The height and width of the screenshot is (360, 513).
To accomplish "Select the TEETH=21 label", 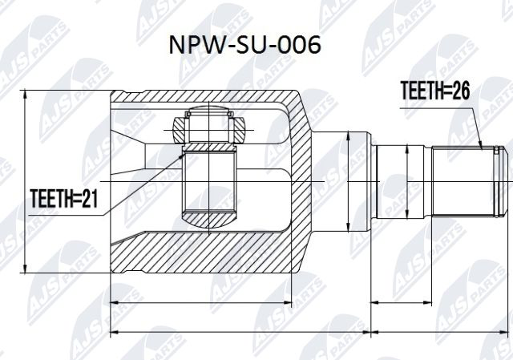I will tap(63, 198).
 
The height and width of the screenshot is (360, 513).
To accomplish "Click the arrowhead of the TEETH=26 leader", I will tap(483, 148).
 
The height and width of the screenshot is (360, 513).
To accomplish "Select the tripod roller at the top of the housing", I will tap(209, 127).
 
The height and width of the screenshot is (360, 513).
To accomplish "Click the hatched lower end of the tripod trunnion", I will tap(210, 216).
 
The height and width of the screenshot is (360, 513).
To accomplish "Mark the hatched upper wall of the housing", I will tap(200, 100).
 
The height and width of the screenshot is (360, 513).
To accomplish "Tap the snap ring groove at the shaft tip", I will tap(499, 183).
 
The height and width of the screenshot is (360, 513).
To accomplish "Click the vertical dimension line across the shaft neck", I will tap(348, 183).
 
